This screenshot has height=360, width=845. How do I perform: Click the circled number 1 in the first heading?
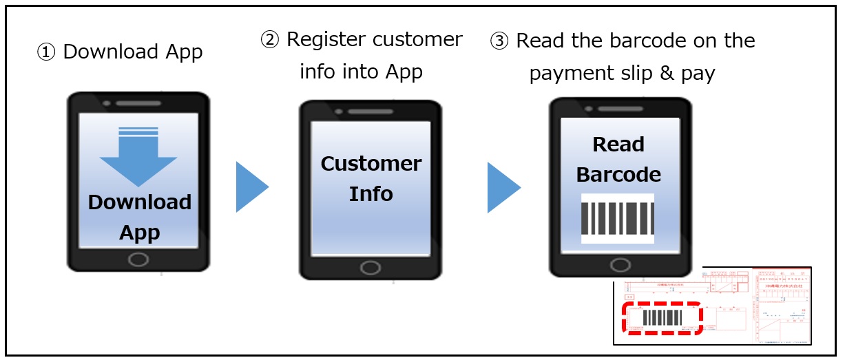[x=46, y=53]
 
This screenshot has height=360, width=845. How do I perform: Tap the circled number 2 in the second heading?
[x=270, y=40]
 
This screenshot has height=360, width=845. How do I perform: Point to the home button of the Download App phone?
[x=138, y=259]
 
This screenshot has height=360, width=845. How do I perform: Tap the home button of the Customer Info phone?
[x=371, y=267]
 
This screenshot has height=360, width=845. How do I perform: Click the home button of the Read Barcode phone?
[x=620, y=264]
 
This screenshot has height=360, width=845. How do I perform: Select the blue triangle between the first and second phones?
[x=251, y=187]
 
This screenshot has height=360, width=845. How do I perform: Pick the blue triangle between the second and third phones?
[x=503, y=187]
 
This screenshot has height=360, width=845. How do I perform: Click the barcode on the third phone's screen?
[x=617, y=218]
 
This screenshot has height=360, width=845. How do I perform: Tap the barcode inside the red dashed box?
[x=663, y=318]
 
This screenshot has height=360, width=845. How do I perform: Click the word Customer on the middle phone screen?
[x=371, y=164]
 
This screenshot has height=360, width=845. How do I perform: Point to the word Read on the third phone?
[x=618, y=145]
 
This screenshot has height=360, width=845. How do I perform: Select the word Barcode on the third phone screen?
[x=618, y=175]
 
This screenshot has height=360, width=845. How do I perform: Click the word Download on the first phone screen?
[x=140, y=202]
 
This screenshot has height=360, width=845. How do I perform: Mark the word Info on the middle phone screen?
[x=371, y=194]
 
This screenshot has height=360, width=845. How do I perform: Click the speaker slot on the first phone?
[x=138, y=103]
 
